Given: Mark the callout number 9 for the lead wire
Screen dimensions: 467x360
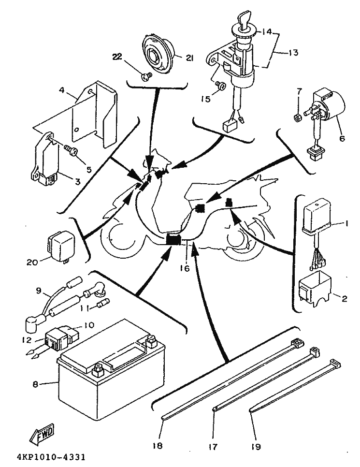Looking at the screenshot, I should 38,290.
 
